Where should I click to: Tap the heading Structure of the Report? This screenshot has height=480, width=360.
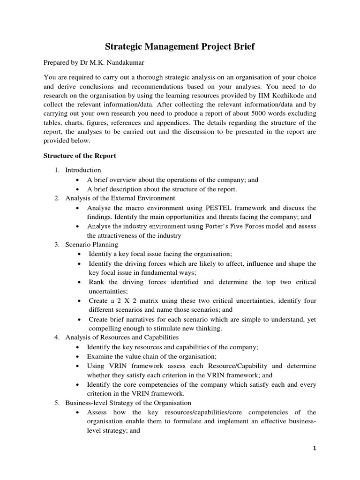(80, 156)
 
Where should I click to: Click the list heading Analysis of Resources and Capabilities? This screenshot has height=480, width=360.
(122, 337)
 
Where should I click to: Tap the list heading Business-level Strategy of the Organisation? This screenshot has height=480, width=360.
(128, 403)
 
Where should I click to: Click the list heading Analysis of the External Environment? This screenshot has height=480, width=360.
(120, 198)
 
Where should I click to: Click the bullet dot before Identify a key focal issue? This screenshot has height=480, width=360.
(80, 254)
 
